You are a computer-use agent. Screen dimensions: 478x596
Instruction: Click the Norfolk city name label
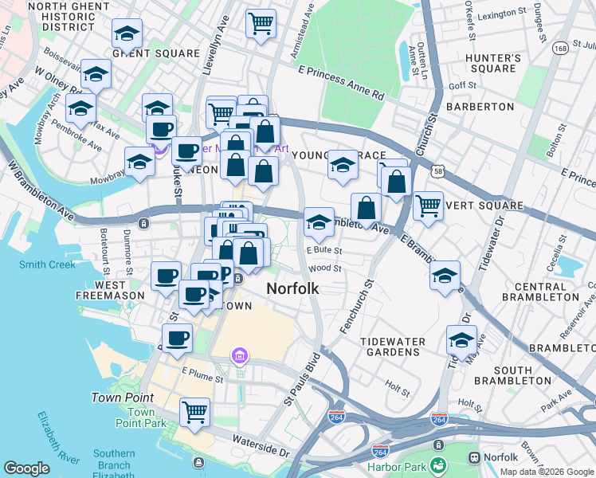[292, 288]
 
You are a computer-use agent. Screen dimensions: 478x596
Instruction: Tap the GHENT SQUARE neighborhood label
[156, 53]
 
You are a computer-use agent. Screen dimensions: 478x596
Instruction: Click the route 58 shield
[437, 170]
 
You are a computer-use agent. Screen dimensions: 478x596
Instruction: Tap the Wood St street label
[325, 268]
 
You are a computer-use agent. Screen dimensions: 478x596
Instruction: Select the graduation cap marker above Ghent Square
[125, 33]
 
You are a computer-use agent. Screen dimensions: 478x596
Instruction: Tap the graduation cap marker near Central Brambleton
[445, 275]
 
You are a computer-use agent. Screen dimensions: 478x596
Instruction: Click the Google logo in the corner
[27, 468]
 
